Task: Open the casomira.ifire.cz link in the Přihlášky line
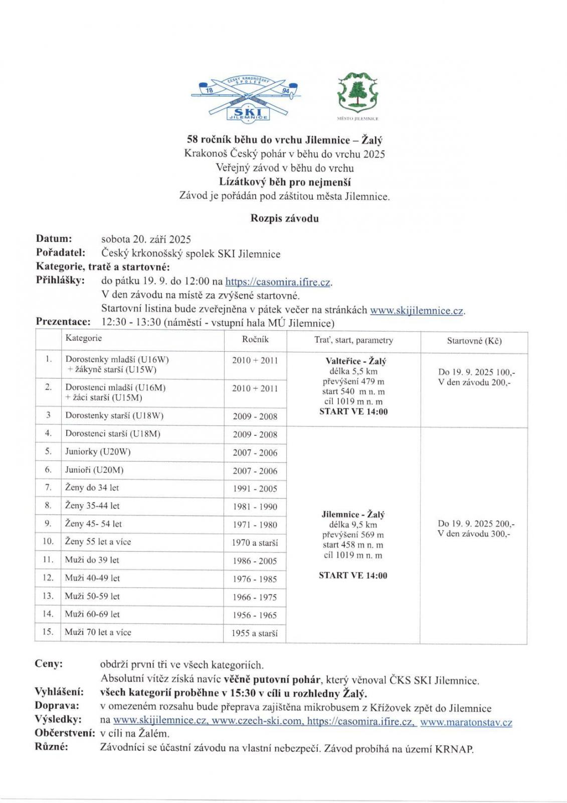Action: tap(278, 282)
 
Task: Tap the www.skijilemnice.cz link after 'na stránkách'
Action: tap(417, 310)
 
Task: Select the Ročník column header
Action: tap(255, 340)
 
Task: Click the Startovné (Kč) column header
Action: tap(474, 341)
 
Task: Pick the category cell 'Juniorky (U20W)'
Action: tap(98, 452)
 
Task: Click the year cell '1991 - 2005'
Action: tap(255, 488)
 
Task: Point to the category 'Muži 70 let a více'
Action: tap(98, 632)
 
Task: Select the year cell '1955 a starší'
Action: tap(255, 633)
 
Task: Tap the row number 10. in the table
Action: tap(48, 542)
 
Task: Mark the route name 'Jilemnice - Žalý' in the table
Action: tap(353, 514)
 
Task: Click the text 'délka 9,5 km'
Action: tap(353, 525)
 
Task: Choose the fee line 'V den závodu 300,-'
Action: tap(474, 534)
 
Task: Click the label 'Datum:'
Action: tap(54, 239)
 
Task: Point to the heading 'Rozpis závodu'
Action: tap(284, 218)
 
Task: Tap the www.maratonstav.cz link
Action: tap(466, 723)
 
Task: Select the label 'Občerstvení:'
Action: tap(65, 733)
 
